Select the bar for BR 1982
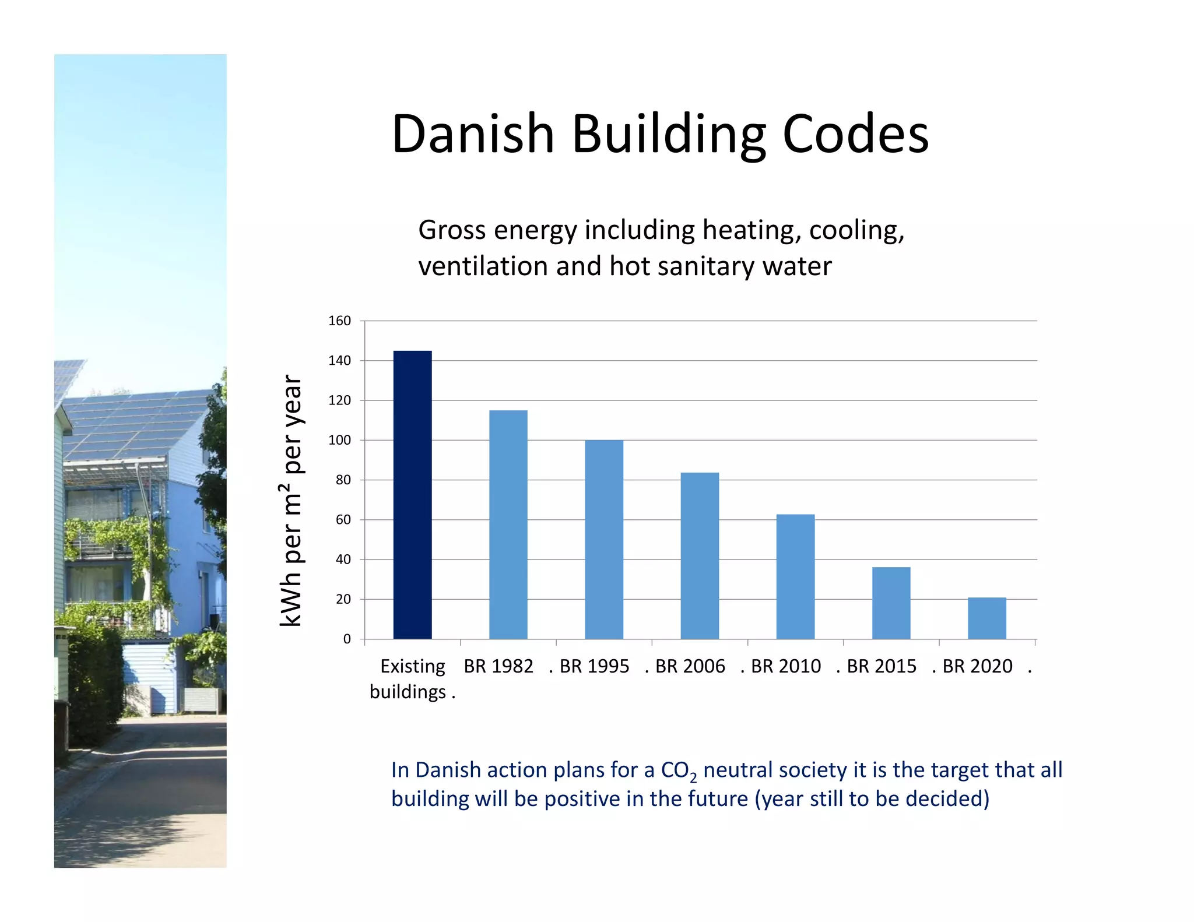tap(508, 525)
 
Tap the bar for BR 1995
tap(603, 539)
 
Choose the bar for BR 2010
tap(795, 576)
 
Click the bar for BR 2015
tap(891, 603)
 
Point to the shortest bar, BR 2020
tap(986, 618)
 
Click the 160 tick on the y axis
tap(339, 321)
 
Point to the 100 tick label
tap(339, 440)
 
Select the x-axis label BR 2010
tap(785, 666)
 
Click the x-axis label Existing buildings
tap(412, 678)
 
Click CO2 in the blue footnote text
tap(678, 771)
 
